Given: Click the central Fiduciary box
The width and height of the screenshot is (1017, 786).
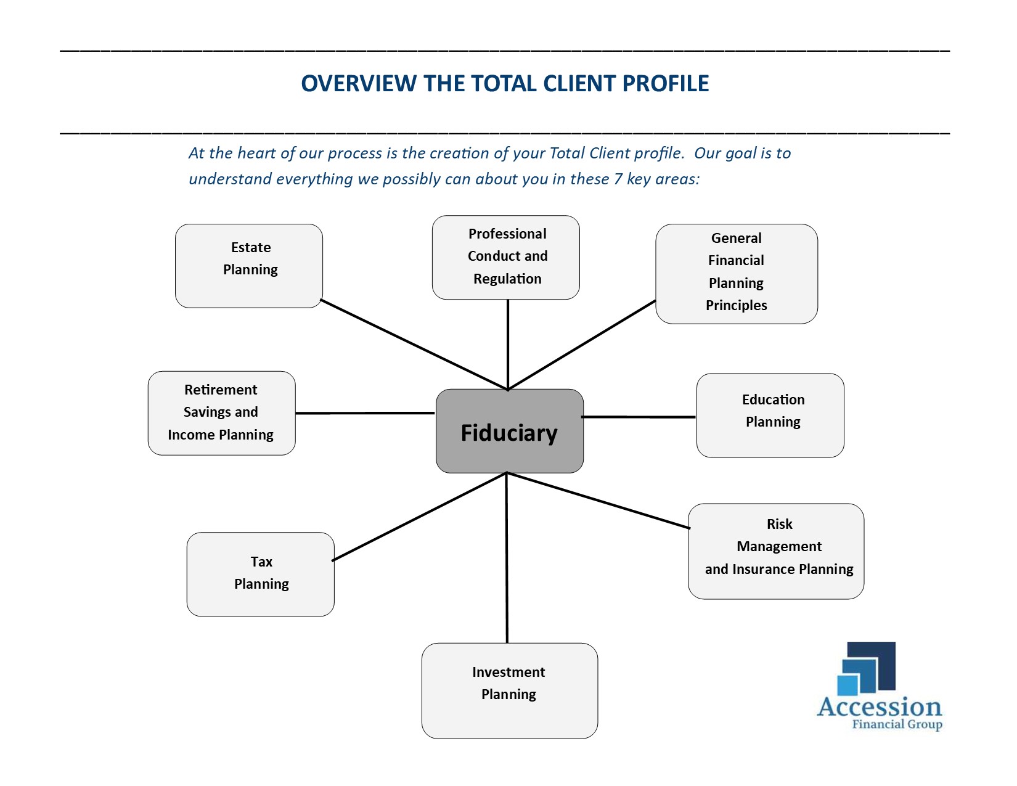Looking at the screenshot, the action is [510, 431].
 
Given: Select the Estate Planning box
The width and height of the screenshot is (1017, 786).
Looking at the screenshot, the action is [249, 266].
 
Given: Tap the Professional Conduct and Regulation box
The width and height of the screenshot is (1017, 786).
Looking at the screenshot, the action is [506, 258].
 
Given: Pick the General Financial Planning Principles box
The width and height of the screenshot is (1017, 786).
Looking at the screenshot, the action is [737, 274].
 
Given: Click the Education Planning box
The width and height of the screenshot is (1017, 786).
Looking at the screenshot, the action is [770, 416].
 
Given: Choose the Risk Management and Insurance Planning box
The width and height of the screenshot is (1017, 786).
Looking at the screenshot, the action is [776, 552].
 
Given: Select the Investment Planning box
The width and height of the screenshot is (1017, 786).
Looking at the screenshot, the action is [510, 691].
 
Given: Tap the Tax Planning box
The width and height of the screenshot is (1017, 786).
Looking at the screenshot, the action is [261, 575].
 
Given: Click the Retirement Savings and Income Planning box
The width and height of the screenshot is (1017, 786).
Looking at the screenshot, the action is [222, 414].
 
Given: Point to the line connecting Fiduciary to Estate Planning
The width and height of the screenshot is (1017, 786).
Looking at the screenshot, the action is [414, 345].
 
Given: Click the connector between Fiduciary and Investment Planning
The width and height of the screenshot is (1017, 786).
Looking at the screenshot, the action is [507, 558].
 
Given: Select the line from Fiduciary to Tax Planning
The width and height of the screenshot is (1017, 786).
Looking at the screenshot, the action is [419, 517].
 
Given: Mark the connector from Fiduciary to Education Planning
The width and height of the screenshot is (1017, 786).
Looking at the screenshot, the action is [639, 417].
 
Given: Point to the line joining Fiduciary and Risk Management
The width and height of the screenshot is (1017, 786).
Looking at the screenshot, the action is [598, 501].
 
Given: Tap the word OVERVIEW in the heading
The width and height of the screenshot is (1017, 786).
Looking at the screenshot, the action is [359, 83].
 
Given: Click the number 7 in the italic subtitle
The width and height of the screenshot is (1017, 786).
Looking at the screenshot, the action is [618, 179].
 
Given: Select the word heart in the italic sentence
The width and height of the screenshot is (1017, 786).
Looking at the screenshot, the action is [256, 153].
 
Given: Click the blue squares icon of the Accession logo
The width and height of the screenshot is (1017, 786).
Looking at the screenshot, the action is [866, 668].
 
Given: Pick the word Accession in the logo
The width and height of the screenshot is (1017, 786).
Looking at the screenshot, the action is [880, 707].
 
